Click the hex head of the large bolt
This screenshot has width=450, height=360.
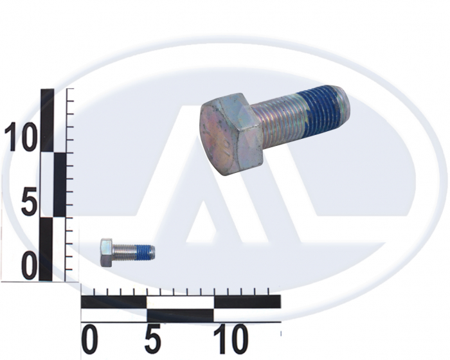(x=231, y=134)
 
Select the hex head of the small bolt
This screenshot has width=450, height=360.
(x=107, y=253)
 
